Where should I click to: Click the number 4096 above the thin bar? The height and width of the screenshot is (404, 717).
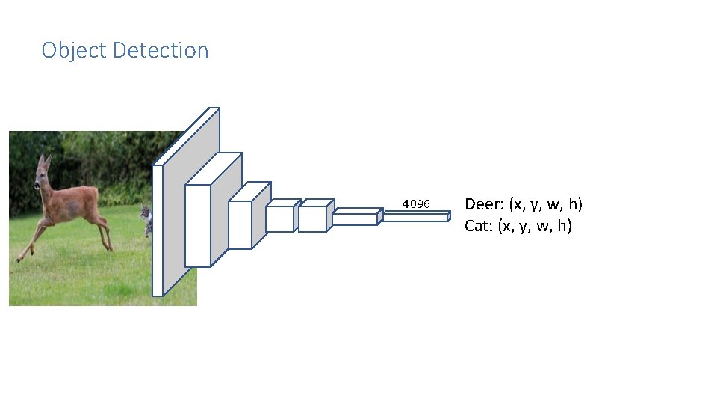[416, 203]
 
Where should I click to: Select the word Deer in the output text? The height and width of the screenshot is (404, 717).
[482, 203]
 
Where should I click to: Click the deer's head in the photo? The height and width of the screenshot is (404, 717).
[42, 177]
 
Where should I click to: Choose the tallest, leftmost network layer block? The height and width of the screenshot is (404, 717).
[187, 202]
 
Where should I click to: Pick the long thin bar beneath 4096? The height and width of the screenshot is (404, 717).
[415, 217]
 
